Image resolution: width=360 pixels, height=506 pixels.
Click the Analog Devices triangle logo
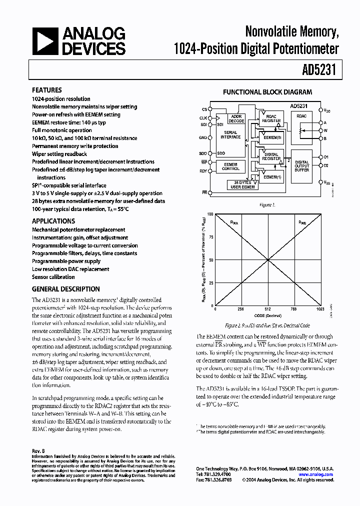45,40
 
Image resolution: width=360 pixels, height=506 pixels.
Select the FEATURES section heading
47,90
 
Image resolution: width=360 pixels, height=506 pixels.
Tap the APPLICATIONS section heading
53,221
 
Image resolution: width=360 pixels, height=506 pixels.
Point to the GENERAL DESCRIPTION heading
65,289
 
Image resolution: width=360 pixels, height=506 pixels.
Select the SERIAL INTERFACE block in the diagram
230,135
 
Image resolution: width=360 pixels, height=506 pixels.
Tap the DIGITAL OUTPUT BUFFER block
301,166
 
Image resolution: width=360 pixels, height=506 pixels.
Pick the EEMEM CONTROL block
230,166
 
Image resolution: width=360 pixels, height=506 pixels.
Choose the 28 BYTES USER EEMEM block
242,185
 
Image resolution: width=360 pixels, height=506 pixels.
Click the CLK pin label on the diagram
203,117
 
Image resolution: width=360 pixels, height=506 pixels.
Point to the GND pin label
202,137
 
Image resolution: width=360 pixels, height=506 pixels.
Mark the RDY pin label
202,170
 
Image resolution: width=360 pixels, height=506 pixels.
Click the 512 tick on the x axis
268,309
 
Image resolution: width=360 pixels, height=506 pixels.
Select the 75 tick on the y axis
210,237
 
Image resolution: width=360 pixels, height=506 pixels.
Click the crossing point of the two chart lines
268,260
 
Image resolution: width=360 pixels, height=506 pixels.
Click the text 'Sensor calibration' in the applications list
53,277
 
